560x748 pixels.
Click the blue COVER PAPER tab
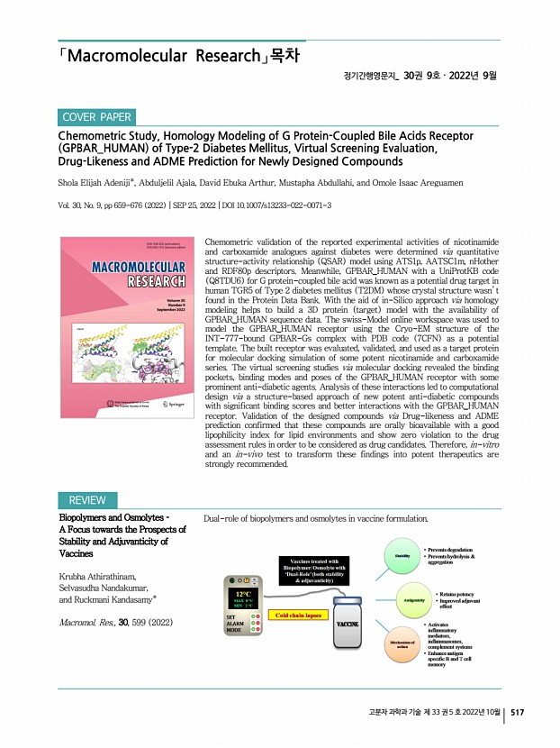point(97,118)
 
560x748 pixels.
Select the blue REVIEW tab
point(86,500)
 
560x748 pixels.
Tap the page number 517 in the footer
point(517,712)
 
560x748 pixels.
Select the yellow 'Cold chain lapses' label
point(301,616)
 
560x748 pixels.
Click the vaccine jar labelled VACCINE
point(348,624)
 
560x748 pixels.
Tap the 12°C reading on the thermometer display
point(243,594)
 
